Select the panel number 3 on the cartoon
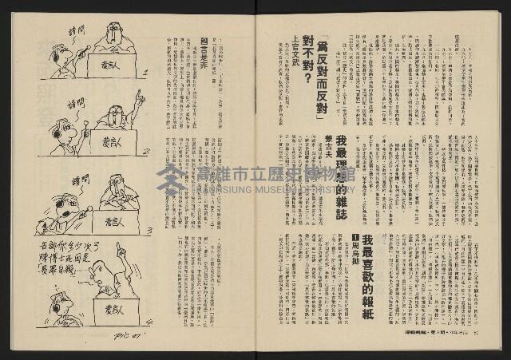click(150, 230)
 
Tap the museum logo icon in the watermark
click(169, 181)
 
